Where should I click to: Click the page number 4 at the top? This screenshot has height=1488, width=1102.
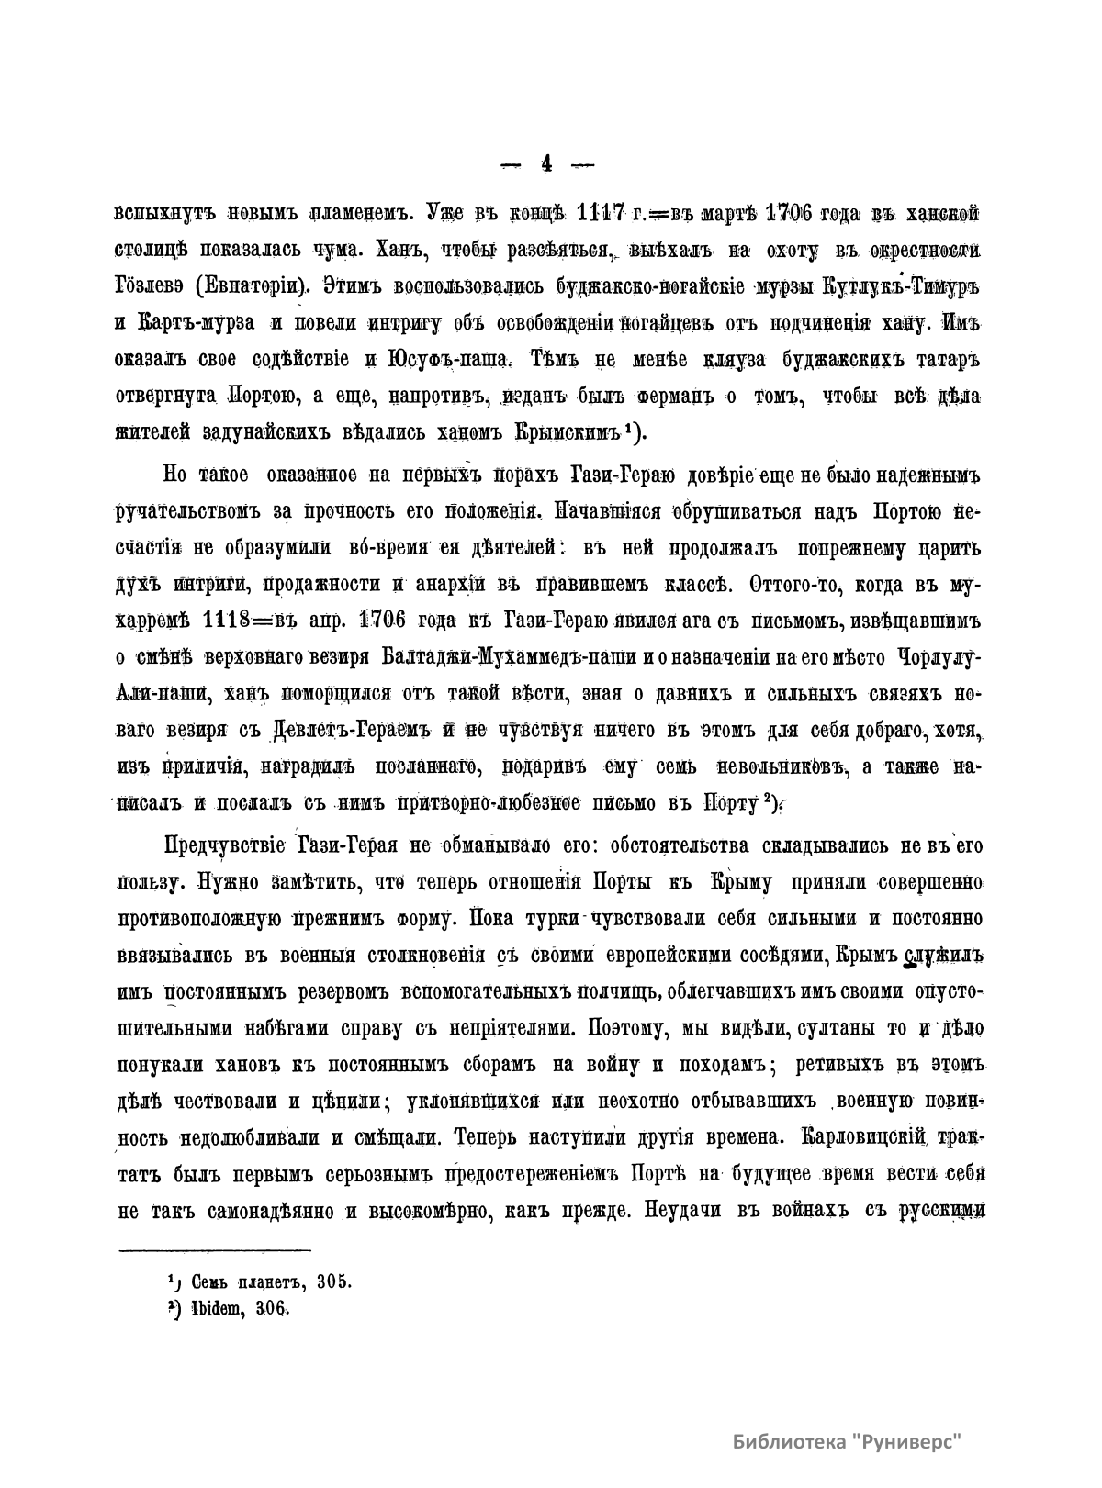pos(547,164)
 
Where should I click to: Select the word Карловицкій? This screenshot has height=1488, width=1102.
pos(867,1137)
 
